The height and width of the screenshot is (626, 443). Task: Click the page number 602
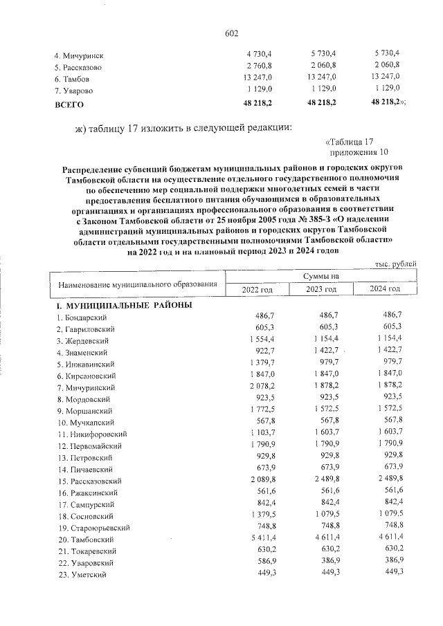231,34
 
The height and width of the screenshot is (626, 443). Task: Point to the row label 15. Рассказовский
89,481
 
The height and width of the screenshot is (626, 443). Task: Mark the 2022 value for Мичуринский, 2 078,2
262,387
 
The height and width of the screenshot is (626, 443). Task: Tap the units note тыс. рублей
396,265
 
